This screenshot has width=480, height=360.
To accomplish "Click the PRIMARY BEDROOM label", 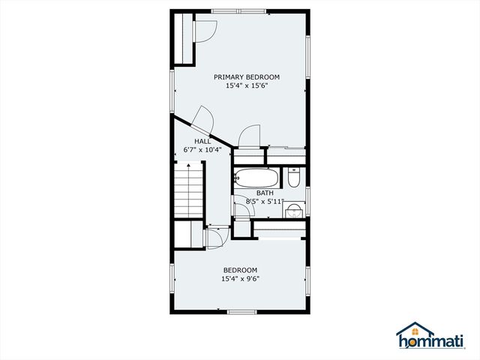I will tap(246, 76).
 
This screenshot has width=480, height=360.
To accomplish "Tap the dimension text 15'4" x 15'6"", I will tap(246, 86).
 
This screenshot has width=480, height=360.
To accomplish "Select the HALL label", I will tap(202, 140).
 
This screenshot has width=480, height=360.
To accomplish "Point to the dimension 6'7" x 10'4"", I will tap(202, 149).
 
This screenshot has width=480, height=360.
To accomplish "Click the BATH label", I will tap(264, 193).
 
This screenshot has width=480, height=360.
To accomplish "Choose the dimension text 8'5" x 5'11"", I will tap(264, 201).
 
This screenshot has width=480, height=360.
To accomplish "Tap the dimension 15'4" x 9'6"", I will tap(240, 279).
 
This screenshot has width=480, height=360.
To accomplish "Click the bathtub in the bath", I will tap(256, 178).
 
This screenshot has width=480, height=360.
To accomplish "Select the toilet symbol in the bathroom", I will tap(293, 178).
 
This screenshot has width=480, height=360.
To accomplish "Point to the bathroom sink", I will tap(295, 209).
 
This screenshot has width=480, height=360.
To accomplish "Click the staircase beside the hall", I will tap(189, 192).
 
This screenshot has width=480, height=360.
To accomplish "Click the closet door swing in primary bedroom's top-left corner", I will tap(204, 30).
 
